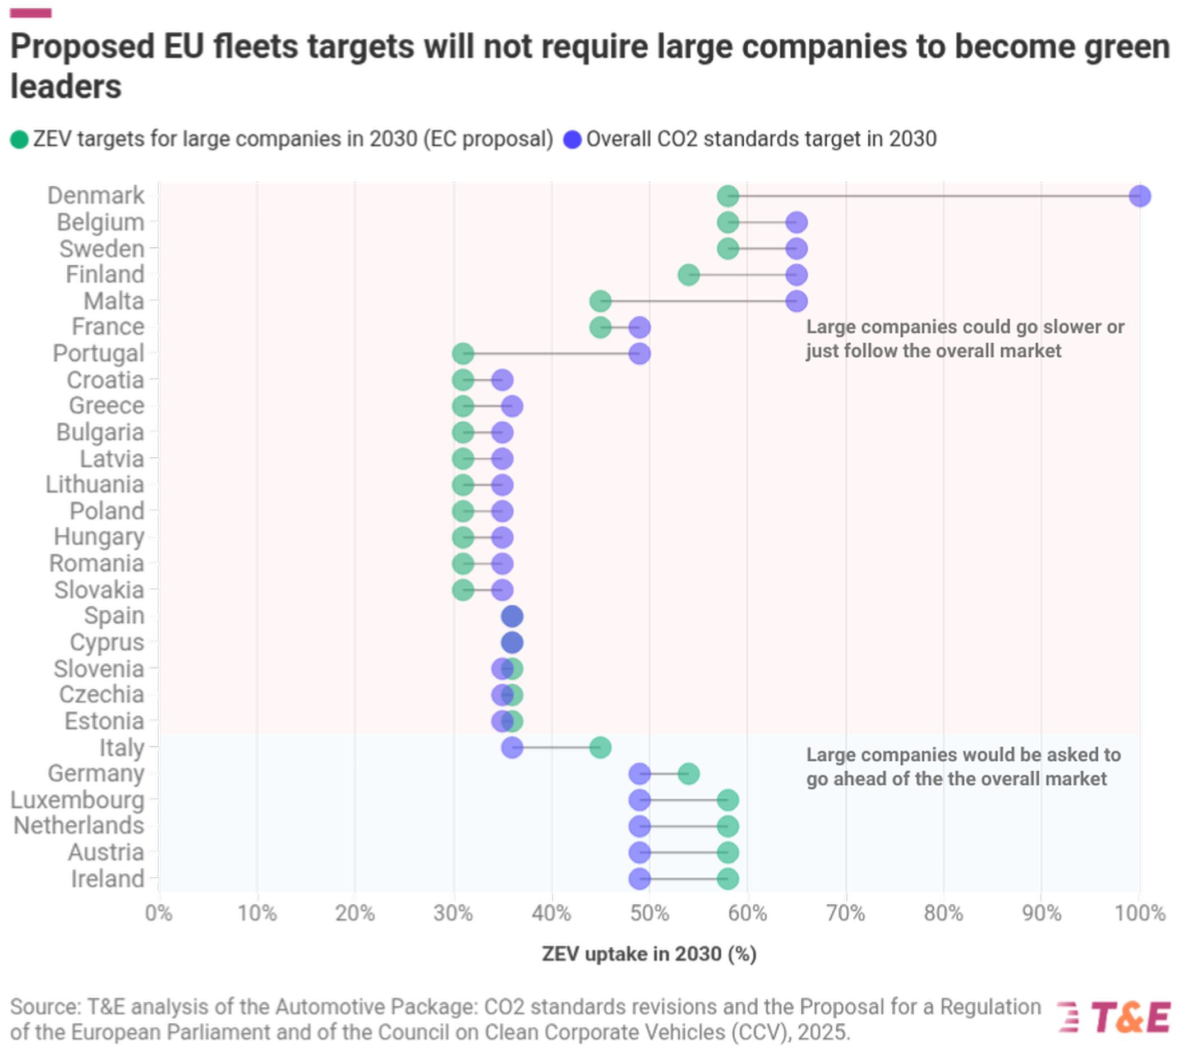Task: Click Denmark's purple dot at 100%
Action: point(1139,196)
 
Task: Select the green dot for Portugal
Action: point(463,353)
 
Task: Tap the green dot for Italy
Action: point(600,748)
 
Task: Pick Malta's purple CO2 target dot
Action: point(796,302)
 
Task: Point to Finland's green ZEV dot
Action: point(689,275)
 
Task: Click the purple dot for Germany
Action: point(640,774)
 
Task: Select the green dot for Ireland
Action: point(727,879)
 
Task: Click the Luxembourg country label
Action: point(77,800)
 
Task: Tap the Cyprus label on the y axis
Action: point(107,643)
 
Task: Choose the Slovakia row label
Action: point(99,590)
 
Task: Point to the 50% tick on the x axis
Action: point(649,913)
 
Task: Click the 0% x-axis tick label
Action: point(159,913)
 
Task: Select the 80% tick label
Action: point(943,913)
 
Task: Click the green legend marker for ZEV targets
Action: point(19,140)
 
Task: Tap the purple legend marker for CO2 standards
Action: point(573,140)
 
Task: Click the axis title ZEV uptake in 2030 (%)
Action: point(649,954)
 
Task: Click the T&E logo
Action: point(1115,1017)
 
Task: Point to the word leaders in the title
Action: point(66,87)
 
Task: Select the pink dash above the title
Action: point(30,13)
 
